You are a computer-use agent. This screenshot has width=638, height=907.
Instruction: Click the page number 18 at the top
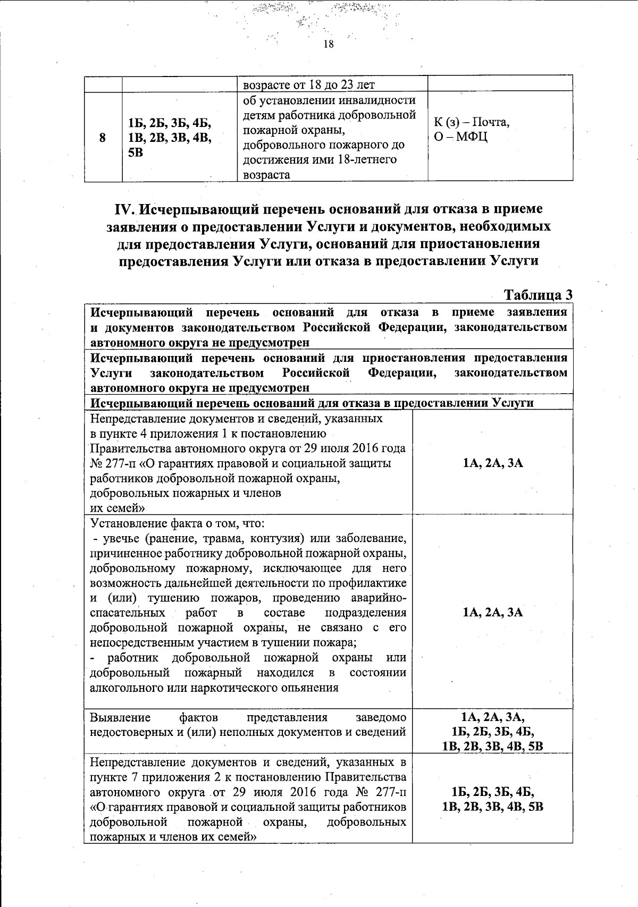(x=328, y=45)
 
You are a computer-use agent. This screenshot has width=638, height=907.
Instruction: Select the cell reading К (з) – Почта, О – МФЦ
(x=472, y=130)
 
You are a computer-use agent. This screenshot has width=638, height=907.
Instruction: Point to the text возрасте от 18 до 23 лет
(x=308, y=85)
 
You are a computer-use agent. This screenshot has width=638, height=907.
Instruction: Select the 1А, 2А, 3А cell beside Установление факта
(x=492, y=613)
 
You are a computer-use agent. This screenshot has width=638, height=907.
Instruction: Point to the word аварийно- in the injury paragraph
(x=376, y=598)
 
